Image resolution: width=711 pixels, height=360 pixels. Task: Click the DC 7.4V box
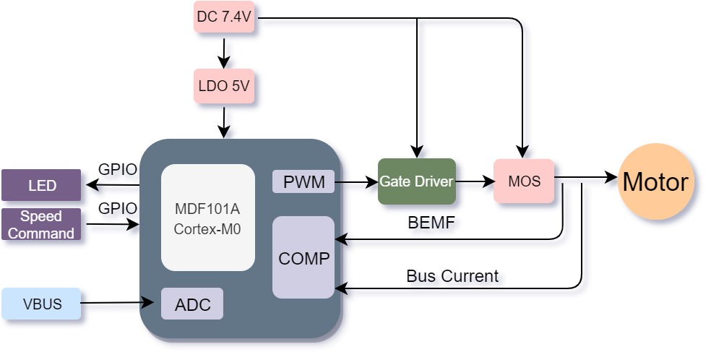[223, 17]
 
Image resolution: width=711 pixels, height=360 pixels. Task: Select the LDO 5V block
[223, 86]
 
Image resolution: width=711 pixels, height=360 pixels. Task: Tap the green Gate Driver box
[417, 181]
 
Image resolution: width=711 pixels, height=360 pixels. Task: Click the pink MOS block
[524, 181]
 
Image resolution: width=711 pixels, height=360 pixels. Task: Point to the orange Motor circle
[655, 181]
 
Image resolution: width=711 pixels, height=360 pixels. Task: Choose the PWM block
[303, 181]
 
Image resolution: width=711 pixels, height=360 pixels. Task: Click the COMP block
[303, 257]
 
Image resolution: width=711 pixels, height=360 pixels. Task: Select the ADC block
[192, 304]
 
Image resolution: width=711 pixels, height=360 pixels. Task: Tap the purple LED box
[41, 185]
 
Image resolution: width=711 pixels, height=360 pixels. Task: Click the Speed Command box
[41, 224]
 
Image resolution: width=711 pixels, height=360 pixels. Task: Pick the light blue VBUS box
[41, 304]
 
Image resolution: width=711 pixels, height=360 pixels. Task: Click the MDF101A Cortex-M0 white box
[207, 218]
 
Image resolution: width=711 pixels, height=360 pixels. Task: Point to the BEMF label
[431, 223]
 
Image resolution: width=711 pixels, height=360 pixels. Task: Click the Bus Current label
[452, 275]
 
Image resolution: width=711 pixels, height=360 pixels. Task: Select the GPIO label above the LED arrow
[118, 169]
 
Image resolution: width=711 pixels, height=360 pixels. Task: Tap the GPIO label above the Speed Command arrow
[118, 208]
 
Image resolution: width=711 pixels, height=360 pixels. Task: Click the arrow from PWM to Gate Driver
[356, 182]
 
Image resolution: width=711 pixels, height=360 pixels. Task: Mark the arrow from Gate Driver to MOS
[475, 181]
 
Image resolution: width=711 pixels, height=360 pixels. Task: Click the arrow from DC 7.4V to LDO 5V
[223, 51]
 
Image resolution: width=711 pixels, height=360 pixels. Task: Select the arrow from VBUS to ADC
[118, 302]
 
